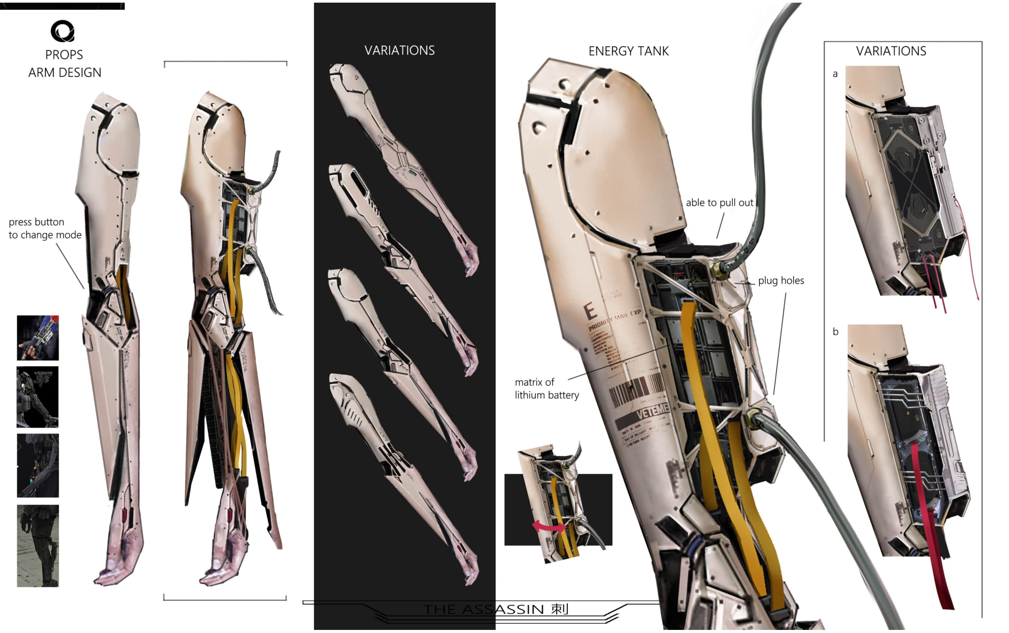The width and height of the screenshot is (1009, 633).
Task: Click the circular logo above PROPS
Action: (x=62, y=31)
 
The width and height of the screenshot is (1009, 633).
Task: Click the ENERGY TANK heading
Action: (x=628, y=51)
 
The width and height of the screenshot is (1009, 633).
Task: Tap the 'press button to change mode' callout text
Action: (x=45, y=228)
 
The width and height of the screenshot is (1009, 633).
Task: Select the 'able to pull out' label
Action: (x=719, y=203)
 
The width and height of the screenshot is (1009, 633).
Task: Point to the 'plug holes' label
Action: (x=781, y=281)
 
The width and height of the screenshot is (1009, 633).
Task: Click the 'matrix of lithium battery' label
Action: (x=546, y=388)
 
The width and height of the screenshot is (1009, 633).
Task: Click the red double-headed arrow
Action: (x=549, y=526)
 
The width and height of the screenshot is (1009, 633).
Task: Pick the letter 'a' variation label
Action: (x=835, y=74)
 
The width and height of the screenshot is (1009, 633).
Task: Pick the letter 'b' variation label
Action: (x=835, y=332)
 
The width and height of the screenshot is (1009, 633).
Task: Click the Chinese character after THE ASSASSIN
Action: (x=560, y=609)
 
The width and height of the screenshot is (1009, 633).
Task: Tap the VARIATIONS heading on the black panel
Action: (x=399, y=50)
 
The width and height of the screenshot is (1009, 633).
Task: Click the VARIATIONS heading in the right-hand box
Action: (x=891, y=51)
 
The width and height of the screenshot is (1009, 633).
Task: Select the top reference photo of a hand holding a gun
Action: (x=38, y=338)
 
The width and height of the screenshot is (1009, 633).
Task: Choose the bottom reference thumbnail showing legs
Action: (x=38, y=546)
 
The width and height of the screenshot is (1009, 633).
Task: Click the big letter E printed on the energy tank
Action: (x=590, y=312)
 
